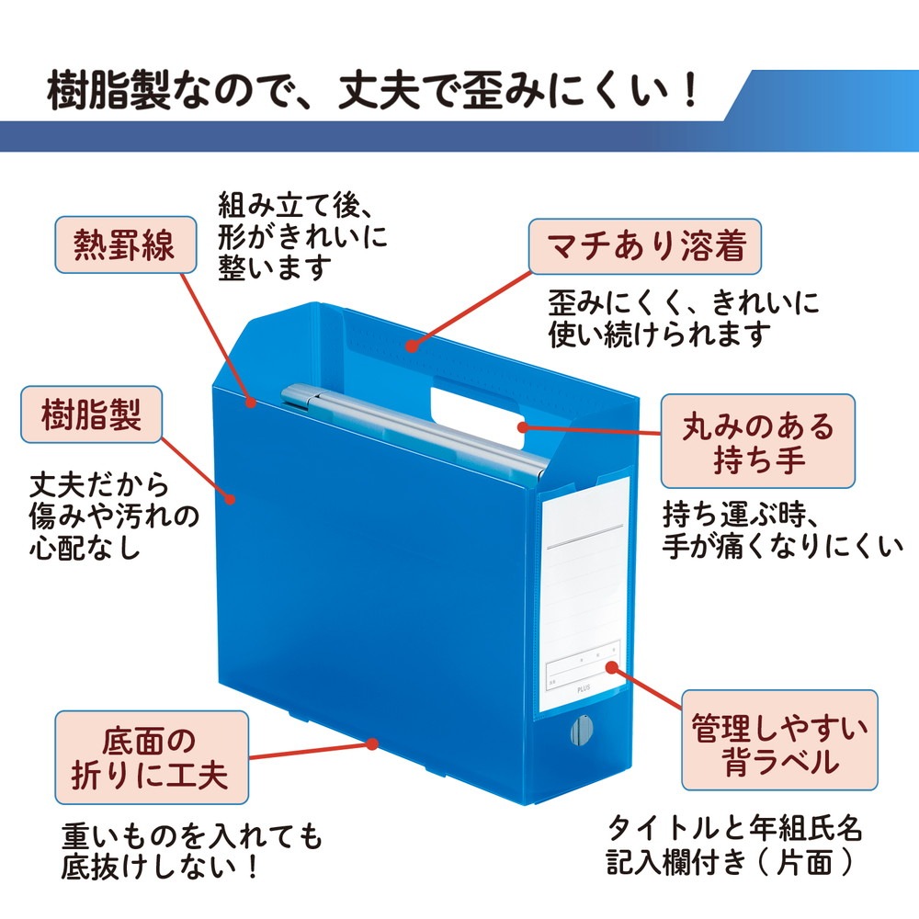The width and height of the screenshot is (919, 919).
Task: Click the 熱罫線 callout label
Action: (125, 244)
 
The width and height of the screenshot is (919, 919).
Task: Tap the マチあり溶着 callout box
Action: (645, 246)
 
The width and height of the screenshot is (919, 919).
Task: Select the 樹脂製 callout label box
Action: (91, 414)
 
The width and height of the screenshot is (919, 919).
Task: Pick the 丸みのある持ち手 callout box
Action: (757, 441)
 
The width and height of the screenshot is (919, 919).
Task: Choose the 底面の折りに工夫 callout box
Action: (152, 757)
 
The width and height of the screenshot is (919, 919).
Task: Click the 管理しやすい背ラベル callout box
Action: (779, 740)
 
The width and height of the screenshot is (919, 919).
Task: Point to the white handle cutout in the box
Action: (478, 414)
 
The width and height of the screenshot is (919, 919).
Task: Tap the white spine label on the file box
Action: (584, 592)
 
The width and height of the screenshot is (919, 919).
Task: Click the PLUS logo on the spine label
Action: (584, 688)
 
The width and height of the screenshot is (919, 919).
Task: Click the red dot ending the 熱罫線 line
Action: (251, 403)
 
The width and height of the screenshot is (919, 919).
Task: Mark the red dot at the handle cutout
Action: (523, 426)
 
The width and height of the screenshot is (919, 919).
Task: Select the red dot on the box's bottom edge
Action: (371, 743)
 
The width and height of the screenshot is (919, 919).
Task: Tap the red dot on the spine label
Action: (612, 667)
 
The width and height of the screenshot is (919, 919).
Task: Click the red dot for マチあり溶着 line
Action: (413, 346)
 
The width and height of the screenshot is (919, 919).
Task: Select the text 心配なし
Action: (85, 547)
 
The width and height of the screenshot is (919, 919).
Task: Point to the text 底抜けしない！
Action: (160, 867)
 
